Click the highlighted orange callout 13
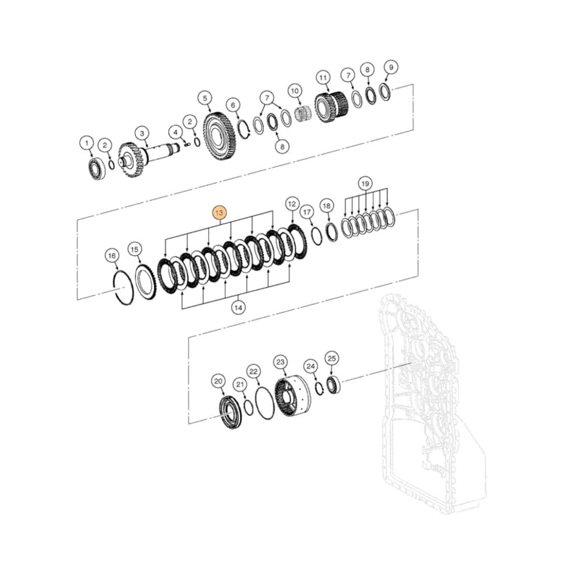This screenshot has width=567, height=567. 219,213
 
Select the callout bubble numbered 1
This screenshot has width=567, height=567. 86,143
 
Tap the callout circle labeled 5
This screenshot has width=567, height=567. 205,98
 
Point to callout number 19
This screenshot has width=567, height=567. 365,184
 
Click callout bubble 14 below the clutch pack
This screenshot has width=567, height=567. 238,307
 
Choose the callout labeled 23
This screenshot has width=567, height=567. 281,362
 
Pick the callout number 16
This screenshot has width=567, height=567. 112,256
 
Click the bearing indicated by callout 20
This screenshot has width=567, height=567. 231,413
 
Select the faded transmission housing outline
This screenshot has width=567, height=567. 431,408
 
